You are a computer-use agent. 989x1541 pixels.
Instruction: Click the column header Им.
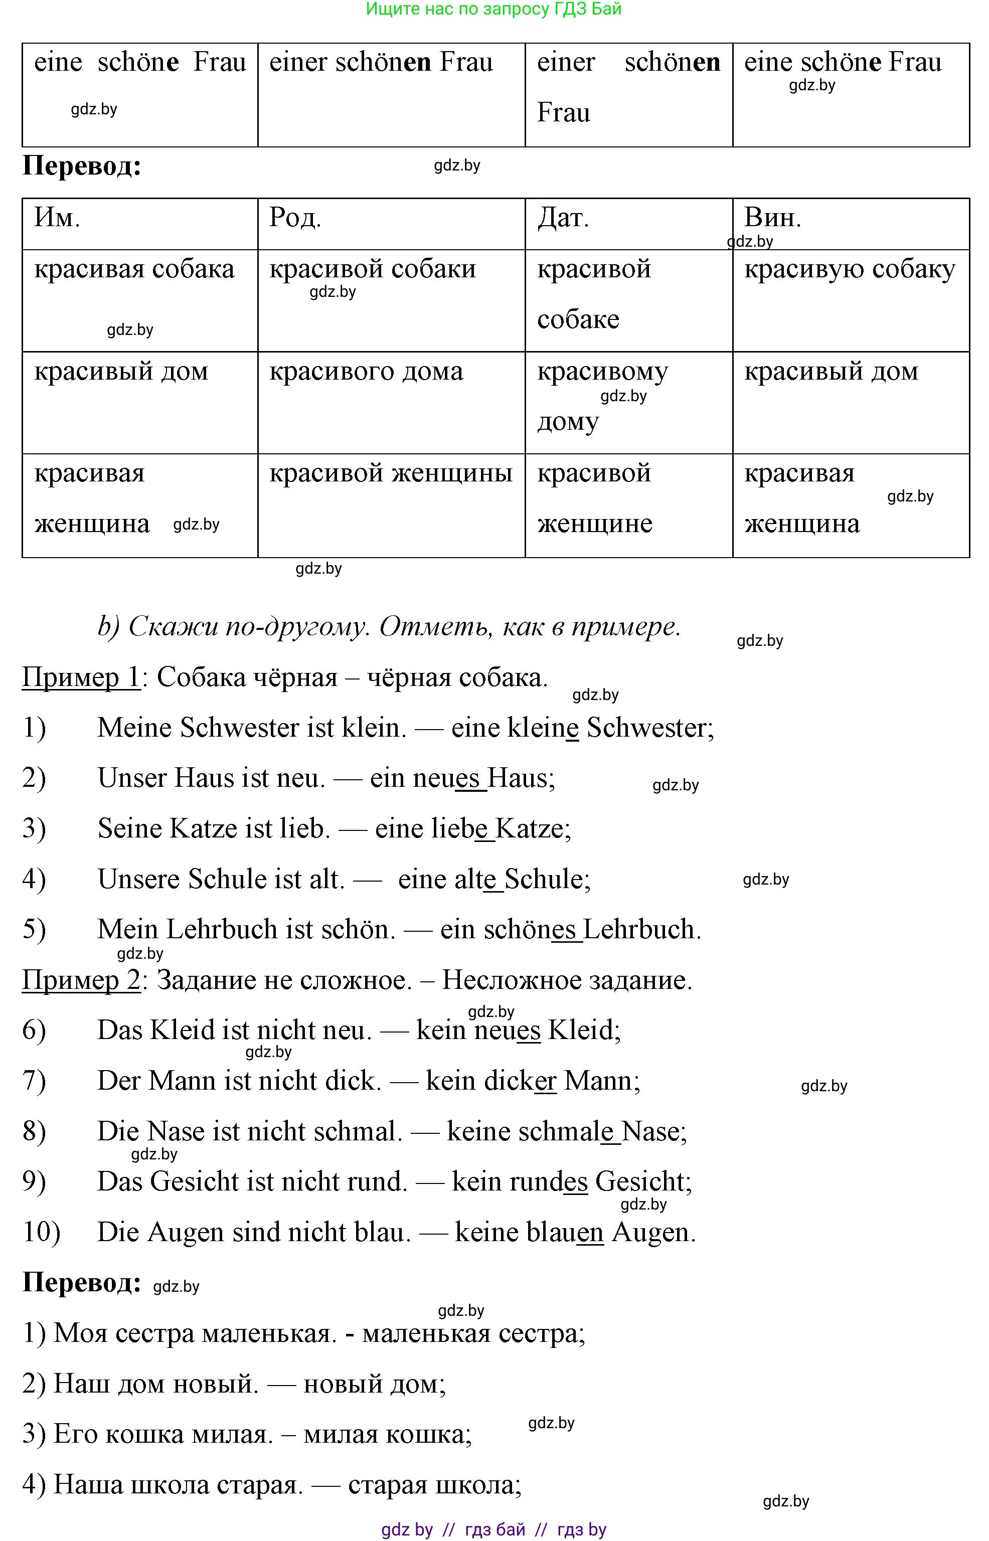[57, 218]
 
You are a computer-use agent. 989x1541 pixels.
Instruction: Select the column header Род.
[295, 218]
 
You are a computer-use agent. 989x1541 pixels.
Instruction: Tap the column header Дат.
[563, 218]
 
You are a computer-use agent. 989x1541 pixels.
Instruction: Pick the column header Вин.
[772, 218]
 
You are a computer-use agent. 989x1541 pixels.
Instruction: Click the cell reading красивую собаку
[849, 270]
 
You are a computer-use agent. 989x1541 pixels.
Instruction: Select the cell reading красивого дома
[366, 372]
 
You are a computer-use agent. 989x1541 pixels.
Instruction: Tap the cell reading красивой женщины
[391, 474]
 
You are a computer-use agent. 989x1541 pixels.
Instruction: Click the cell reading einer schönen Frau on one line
[381, 63]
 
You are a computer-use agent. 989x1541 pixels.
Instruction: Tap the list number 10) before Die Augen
[41, 1232]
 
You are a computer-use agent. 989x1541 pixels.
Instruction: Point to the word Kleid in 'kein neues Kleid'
[581, 1031]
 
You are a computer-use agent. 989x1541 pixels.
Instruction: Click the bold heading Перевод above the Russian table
[82, 166]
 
